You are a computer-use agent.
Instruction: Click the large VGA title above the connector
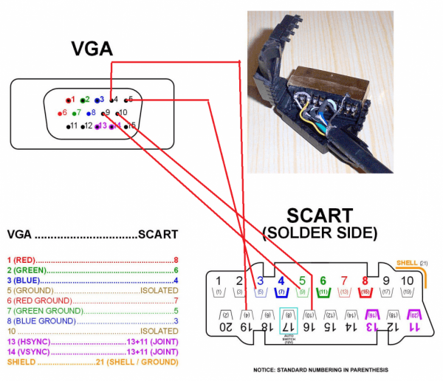pos(92,49)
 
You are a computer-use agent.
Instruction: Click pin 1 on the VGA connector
pos(70,99)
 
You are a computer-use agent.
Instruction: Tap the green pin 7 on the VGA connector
pos(75,113)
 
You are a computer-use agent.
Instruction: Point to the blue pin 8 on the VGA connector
pos(91,113)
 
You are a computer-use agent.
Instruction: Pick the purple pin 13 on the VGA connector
pos(100,126)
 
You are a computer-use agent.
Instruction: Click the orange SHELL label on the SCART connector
pos(407,263)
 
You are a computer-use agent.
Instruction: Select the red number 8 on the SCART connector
pos(365,281)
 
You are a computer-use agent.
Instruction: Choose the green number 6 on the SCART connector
pos(323,281)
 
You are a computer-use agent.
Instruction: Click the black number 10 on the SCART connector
pos(407,281)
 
